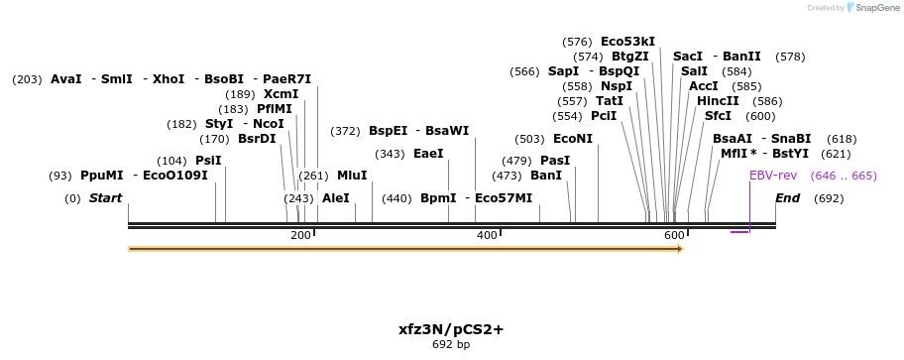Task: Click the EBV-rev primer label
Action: click(772, 176)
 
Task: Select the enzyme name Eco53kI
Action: click(627, 42)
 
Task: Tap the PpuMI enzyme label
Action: click(102, 176)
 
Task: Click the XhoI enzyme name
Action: click(169, 79)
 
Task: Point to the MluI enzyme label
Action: click(352, 176)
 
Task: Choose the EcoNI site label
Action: click(572, 139)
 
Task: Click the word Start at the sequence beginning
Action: click(105, 198)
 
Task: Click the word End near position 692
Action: click(787, 198)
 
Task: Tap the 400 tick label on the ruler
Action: click(487, 235)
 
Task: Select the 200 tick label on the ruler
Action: click(300, 235)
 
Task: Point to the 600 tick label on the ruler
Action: click(674, 235)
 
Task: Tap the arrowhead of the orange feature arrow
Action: click(679, 249)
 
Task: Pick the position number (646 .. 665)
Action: click(844, 176)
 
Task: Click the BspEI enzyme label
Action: click(388, 131)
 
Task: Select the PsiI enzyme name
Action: click(208, 161)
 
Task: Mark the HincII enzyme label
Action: click(718, 101)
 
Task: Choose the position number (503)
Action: click(530, 139)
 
